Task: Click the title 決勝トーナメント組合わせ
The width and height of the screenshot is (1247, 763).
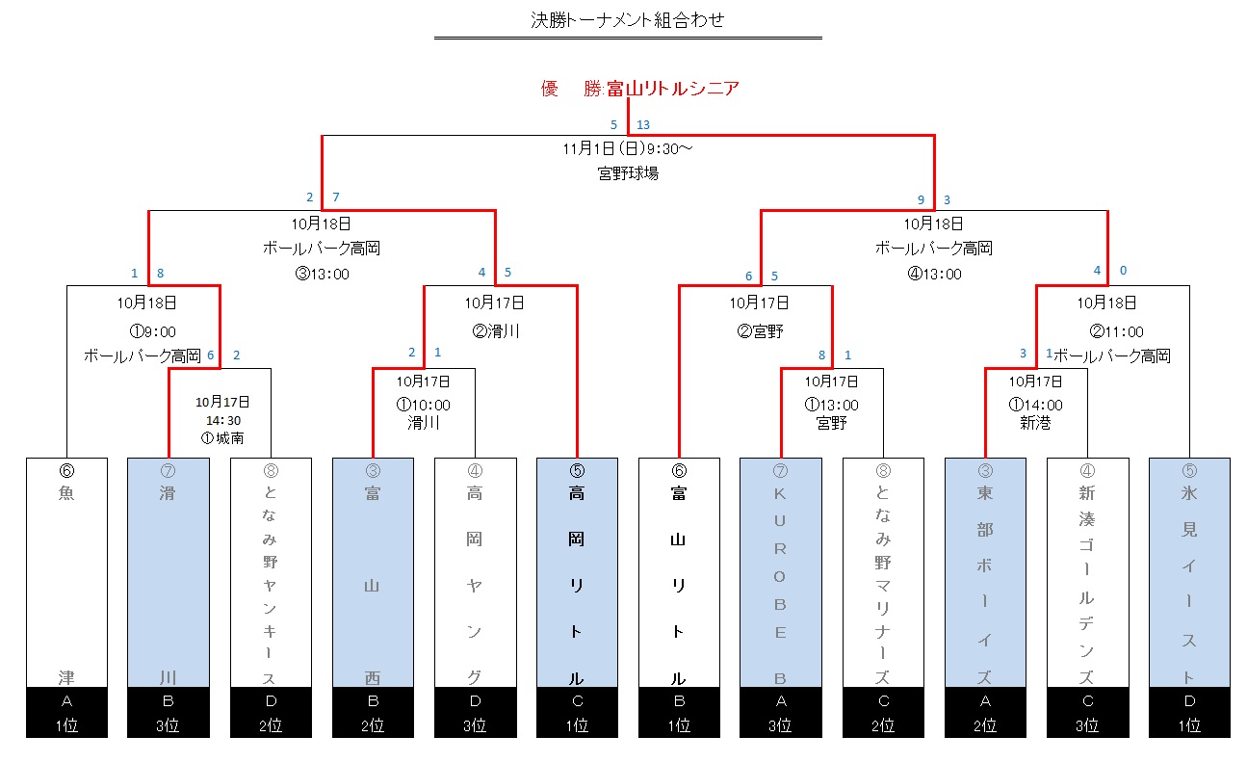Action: coord(628,19)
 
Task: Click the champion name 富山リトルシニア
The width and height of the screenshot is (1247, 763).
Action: coord(673,89)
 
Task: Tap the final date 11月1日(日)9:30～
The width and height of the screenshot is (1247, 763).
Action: coord(628,150)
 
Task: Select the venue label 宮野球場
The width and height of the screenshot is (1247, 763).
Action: coord(628,174)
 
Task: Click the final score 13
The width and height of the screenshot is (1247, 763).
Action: coord(643,124)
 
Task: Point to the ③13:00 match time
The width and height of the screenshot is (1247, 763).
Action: coord(322,274)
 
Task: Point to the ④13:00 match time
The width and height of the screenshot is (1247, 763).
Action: coord(934,274)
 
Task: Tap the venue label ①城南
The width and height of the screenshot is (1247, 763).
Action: coord(222,438)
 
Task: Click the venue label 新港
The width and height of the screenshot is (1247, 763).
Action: coord(1035,423)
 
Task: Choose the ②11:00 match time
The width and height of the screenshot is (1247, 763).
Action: coord(1117,332)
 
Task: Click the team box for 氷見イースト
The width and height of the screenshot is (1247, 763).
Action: coord(1189,573)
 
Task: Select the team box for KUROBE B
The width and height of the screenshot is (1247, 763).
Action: coord(781,573)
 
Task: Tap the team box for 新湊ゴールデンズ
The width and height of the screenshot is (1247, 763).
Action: coord(1087,573)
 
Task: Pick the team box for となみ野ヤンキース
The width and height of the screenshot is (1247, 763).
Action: coord(271,573)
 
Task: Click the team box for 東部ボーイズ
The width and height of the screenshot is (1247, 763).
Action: coord(985,573)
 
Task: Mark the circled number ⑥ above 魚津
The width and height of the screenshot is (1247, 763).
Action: coord(66,471)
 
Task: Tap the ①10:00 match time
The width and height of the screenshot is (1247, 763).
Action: coord(424,405)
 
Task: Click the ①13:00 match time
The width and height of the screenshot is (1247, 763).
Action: coord(832,405)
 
